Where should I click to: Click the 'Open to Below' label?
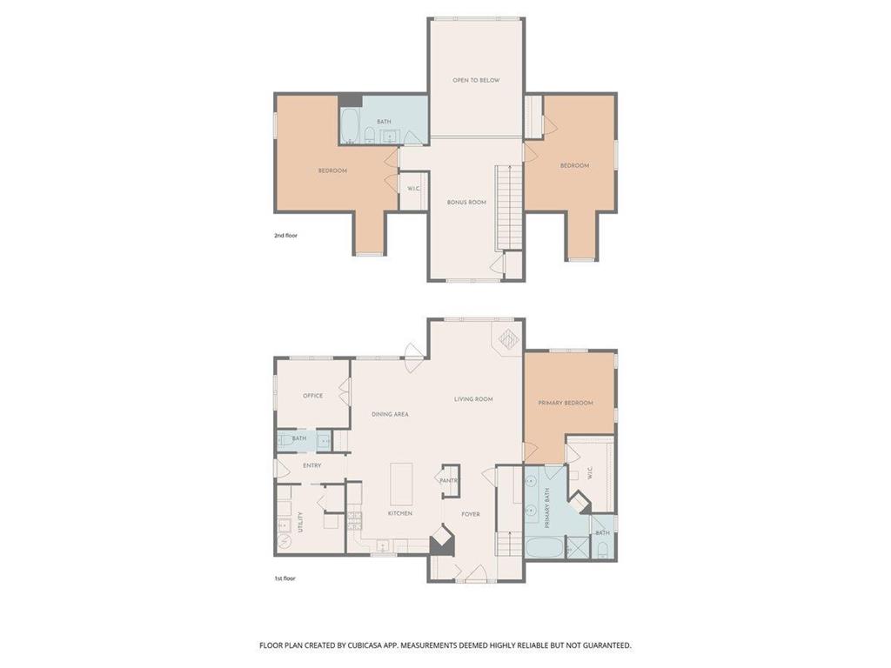point(476,80)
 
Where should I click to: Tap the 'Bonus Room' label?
point(466,202)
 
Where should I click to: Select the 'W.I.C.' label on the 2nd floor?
point(413,189)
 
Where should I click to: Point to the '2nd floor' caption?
point(285,235)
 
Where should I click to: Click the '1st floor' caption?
point(285,578)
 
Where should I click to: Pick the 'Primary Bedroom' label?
point(566,403)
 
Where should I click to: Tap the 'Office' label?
point(312,396)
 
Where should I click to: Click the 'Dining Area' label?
point(390,414)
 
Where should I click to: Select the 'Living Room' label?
point(473,399)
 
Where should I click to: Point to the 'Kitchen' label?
point(400,513)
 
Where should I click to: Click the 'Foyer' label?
point(471,514)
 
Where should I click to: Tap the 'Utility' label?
point(300,523)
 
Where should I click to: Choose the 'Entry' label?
point(312,466)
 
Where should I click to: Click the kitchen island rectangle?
point(401,484)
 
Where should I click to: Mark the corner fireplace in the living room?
point(508,340)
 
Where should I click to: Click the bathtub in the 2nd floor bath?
point(350,125)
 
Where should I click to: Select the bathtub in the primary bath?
point(544,548)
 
